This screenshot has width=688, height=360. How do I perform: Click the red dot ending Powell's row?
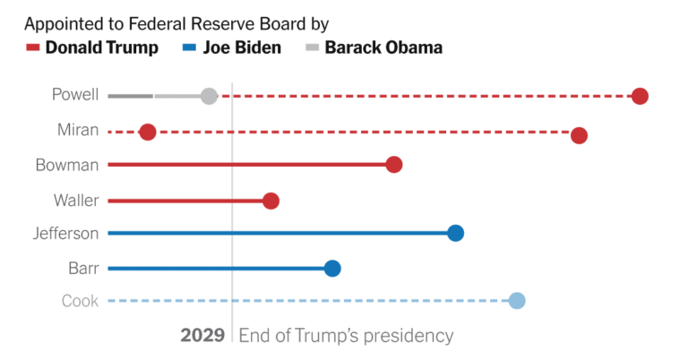[640, 97]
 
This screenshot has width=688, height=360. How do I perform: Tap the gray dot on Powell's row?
[209, 96]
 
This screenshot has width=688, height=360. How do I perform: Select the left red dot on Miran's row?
[148, 133]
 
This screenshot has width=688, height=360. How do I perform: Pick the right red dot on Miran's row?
[579, 135]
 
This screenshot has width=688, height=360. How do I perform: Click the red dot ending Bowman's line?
[393, 165]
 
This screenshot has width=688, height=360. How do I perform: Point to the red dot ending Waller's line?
[271, 201]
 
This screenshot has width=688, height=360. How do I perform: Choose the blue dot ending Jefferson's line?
[455, 234]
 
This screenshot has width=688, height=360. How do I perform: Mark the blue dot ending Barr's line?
[332, 268]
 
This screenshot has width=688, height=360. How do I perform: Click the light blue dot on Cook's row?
[517, 301]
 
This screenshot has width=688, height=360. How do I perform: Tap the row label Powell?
[75, 95]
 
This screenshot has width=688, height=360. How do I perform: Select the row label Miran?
[78, 130]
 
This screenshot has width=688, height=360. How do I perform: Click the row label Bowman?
[67, 165]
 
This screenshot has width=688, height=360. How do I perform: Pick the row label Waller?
[76, 200]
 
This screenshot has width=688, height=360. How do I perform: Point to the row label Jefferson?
[65, 234]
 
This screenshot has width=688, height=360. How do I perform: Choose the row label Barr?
[83, 268]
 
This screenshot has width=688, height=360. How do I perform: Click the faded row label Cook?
[81, 302]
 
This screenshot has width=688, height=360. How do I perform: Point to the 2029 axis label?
[202, 336]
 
